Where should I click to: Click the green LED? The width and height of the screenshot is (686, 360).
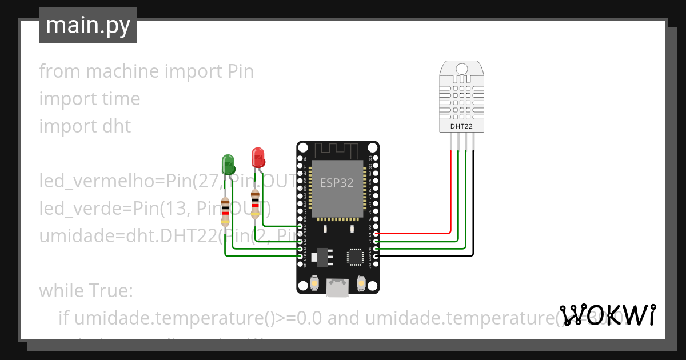pos(228,163)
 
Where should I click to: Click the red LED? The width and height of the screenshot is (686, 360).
pos(257,157)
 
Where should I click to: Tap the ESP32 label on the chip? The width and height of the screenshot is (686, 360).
pos(336,183)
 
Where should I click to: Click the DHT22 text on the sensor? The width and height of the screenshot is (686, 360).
pos(462,125)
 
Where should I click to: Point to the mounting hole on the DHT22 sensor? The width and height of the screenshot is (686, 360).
pos(462,69)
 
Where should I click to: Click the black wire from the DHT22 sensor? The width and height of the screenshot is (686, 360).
pos(473,206)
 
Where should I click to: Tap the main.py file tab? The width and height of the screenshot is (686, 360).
pos(88,25)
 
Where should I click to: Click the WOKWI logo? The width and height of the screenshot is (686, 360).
pos(607,315)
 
